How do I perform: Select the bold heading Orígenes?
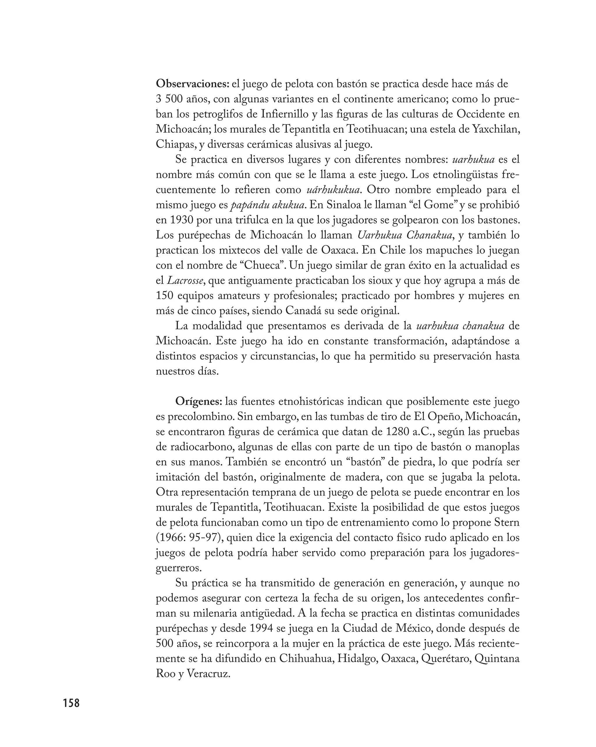point(198,401)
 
